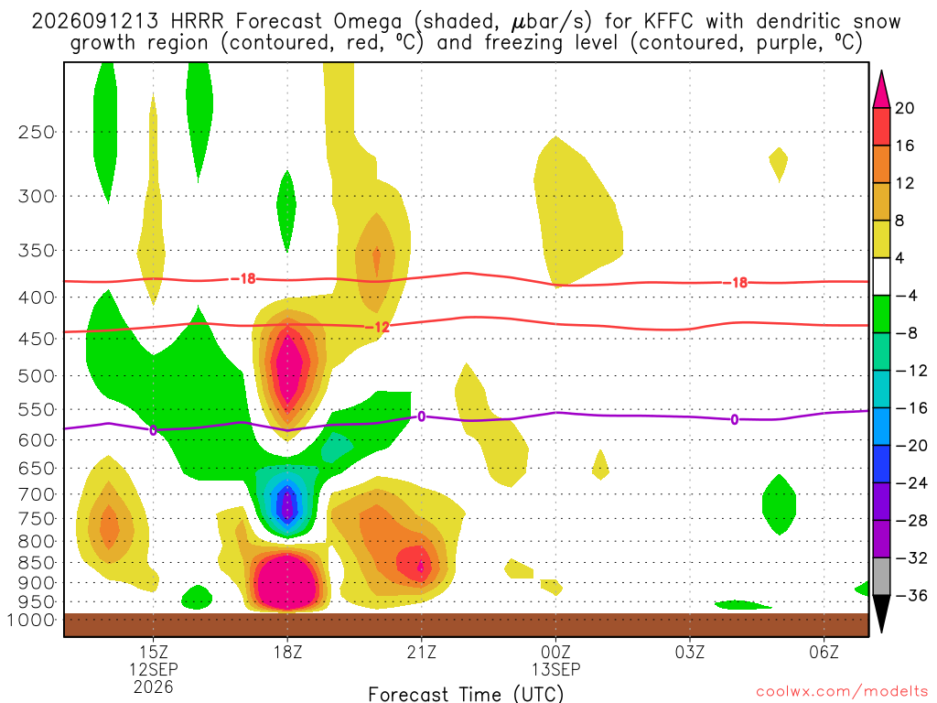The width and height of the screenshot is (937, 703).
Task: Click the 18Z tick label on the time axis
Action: tap(287, 652)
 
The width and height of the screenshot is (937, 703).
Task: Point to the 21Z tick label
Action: tap(421, 652)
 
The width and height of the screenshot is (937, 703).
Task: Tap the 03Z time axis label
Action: tap(690, 652)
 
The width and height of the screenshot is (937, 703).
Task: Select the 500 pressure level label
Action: tap(37, 376)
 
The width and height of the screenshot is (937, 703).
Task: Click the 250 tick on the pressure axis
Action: tap(37, 132)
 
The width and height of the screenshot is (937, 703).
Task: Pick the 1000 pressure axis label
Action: tap(30, 620)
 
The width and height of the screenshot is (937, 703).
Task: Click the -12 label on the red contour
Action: tap(377, 327)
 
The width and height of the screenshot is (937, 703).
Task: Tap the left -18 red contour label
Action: tap(243, 278)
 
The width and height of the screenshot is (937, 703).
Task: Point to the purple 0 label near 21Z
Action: tap(421, 416)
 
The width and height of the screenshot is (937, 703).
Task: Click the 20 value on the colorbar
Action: tap(904, 108)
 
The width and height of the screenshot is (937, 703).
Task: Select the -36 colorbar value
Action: tap(910, 595)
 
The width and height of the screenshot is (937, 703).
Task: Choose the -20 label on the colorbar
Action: tap(910, 446)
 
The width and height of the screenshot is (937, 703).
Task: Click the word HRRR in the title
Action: tap(197, 22)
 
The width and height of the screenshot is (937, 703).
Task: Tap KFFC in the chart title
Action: tap(668, 22)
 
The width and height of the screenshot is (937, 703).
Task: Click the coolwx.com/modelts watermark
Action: tap(842, 692)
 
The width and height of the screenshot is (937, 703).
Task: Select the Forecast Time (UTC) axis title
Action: tap(466, 694)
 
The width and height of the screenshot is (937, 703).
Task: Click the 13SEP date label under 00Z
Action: tap(555, 669)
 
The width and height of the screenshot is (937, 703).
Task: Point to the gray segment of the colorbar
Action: tap(881, 577)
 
